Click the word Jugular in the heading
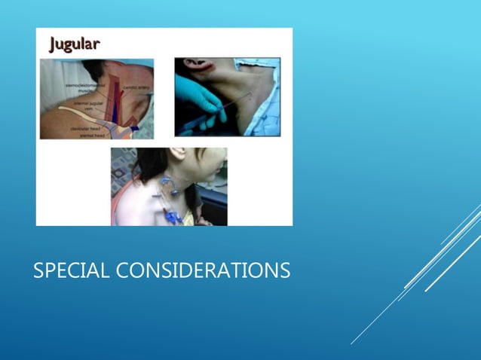74,43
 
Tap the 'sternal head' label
92,135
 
